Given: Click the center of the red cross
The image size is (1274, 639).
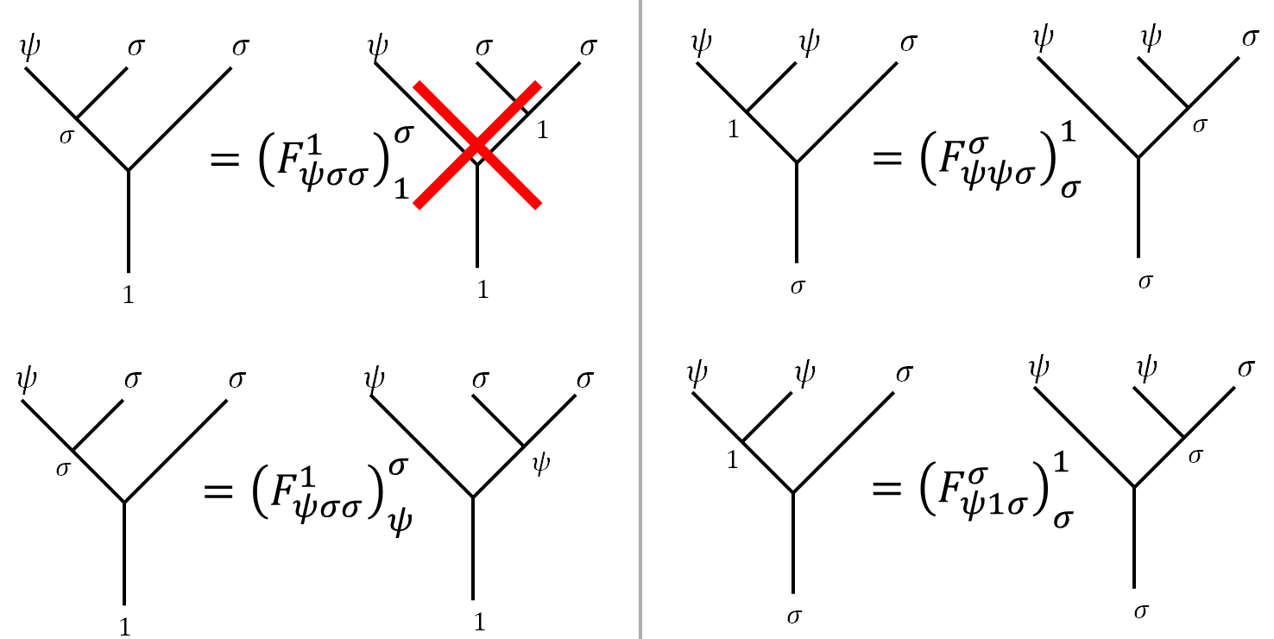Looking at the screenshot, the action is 477,145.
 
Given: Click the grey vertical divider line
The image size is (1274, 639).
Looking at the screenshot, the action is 640,319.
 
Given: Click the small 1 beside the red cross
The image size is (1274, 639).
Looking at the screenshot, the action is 543,130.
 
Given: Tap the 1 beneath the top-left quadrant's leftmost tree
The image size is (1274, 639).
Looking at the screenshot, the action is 128,295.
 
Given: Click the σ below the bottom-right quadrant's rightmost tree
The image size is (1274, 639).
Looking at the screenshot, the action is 1140,611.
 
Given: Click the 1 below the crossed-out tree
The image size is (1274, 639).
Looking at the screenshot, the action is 483,291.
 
